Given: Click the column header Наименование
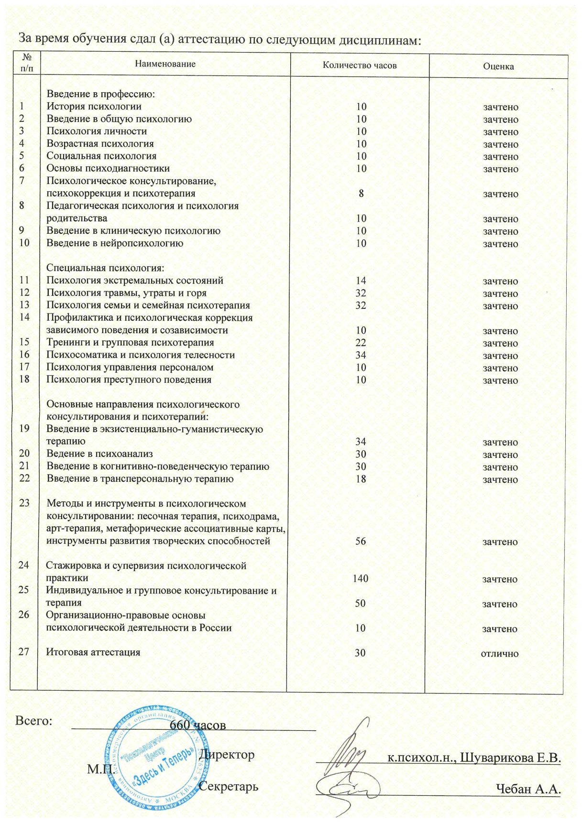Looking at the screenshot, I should (165, 64).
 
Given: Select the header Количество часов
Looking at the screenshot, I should (360, 65).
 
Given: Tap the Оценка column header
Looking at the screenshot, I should (498, 66).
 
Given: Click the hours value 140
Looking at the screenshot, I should (361, 579).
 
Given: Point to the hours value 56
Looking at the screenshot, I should (361, 541).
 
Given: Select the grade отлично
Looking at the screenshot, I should (500, 654).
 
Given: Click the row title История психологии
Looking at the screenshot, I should (94, 107).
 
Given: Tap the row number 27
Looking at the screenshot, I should (24, 652).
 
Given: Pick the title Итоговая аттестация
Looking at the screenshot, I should (93, 652).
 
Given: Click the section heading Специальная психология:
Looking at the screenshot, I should (105, 268).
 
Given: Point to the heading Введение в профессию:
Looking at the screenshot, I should (100, 94).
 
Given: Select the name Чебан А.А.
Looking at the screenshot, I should (528, 789).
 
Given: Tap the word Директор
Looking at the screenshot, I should (227, 755).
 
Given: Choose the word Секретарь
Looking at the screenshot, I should (229, 787).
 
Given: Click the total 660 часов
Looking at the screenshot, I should (198, 725).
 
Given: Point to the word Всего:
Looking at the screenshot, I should (33, 721).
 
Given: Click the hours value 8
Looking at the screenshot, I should (361, 194).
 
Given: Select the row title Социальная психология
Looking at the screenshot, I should (101, 156).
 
